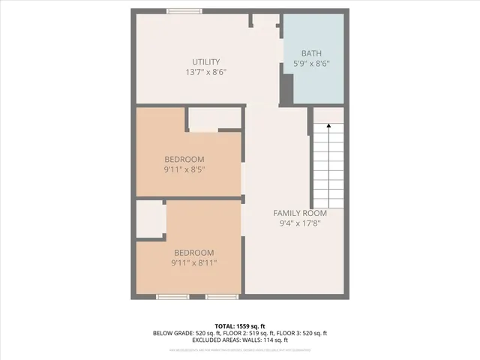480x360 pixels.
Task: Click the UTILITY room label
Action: point(205,61)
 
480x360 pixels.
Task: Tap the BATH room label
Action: point(311,53)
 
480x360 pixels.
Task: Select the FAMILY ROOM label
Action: point(299,213)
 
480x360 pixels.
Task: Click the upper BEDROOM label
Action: point(184,159)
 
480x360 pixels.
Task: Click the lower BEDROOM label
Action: point(193,253)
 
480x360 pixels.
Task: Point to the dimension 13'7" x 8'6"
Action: point(205,72)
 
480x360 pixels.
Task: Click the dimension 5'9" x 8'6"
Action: point(311,64)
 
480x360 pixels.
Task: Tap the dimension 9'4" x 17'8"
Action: point(299,223)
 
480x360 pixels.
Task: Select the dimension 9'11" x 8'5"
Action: point(184,169)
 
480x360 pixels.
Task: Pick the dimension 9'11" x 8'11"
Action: point(193,263)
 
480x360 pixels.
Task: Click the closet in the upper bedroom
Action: point(214,118)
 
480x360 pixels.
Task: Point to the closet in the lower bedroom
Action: point(150,219)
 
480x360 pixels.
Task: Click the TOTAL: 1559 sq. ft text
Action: point(239,325)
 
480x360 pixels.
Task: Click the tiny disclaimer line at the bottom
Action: point(239,350)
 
